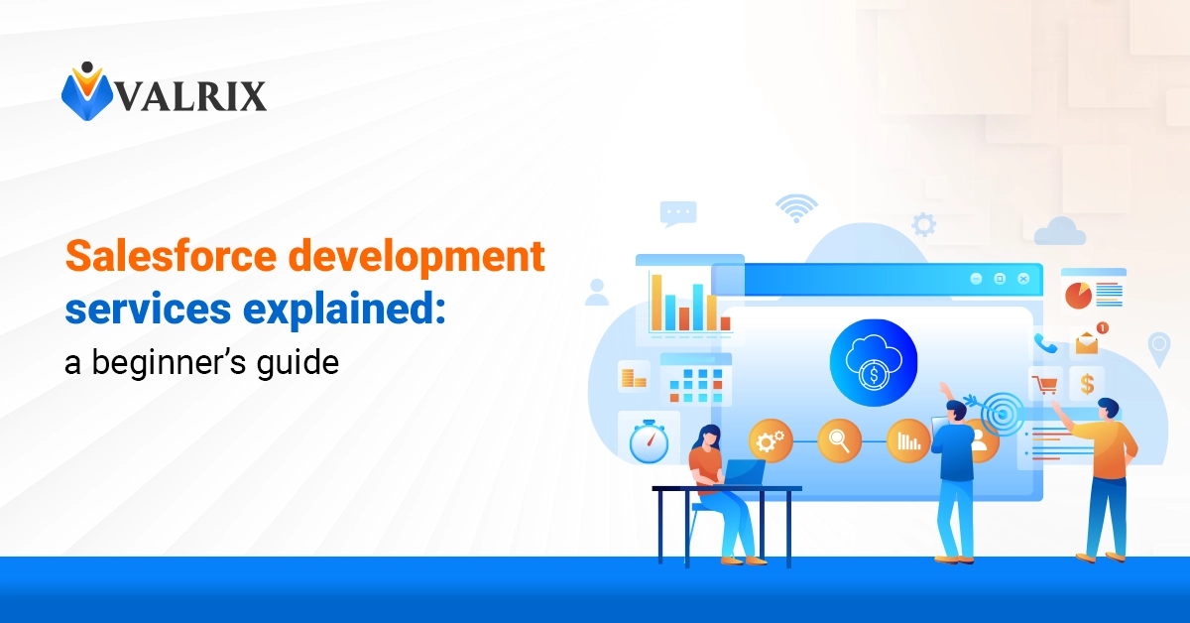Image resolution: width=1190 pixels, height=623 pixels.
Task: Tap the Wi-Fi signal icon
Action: [x=796, y=206]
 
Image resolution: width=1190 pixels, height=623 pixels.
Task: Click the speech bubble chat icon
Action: [x=679, y=211]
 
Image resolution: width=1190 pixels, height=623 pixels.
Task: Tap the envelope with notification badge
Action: [x=1089, y=342]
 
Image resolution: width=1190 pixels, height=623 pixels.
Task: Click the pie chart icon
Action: [x=1078, y=295]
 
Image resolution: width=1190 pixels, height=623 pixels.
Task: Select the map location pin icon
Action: [x=1158, y=347]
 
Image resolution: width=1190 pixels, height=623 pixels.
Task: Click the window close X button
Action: [x=1023, y=279]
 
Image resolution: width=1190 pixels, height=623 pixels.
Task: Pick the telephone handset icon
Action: [x=1045, y=343]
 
